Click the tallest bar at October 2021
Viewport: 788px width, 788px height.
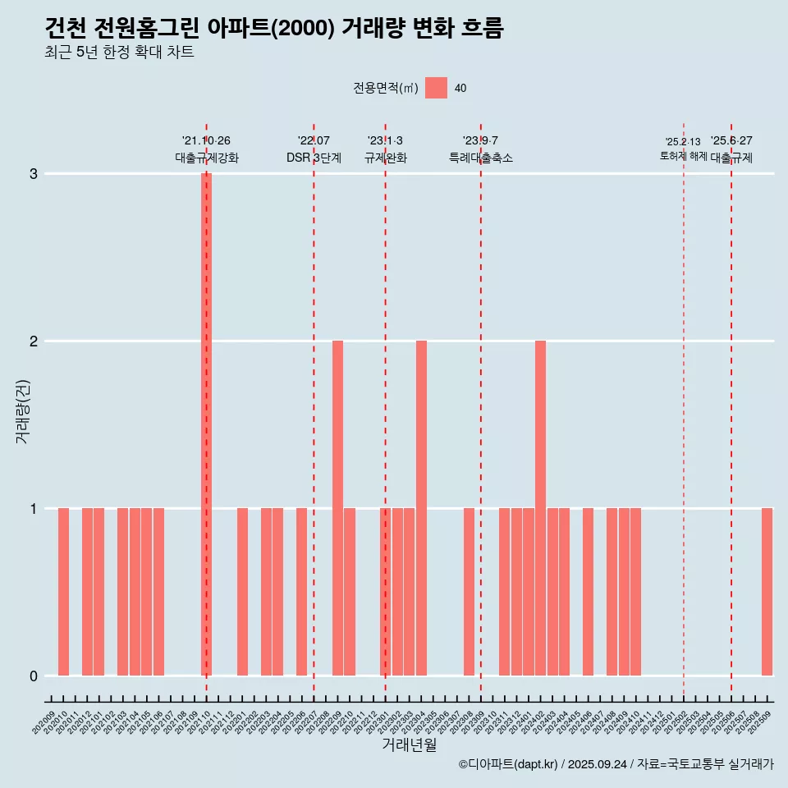pos(207,424)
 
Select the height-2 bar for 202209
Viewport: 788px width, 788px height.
pos(337,508)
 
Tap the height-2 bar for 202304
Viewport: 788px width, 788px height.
pos(421,508)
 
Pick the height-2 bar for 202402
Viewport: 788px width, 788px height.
pos(540,508)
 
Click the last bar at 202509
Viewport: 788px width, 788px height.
pos(767,592)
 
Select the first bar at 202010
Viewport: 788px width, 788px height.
pos(63,592)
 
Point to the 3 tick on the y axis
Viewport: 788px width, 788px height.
pos(34,174)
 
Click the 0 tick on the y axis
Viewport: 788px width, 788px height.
pos(34,676)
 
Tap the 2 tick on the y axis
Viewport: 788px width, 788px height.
pos(34,341)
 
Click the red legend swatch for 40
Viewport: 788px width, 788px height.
pos(436,88)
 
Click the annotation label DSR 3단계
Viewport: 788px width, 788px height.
pos(314,158)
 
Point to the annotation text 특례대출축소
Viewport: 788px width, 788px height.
pos(481,158)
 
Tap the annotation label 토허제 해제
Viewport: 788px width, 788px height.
pos(683,156)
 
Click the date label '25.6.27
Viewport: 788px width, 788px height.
pos(731,141)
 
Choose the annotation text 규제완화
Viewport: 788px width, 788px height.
pos(386,158)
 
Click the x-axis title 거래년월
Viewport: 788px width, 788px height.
pos(409,744)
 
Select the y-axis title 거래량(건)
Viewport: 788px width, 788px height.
pos(22,410)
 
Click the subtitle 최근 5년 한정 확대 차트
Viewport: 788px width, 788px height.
pos(119,53)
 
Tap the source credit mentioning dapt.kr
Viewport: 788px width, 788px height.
pos(616,764)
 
